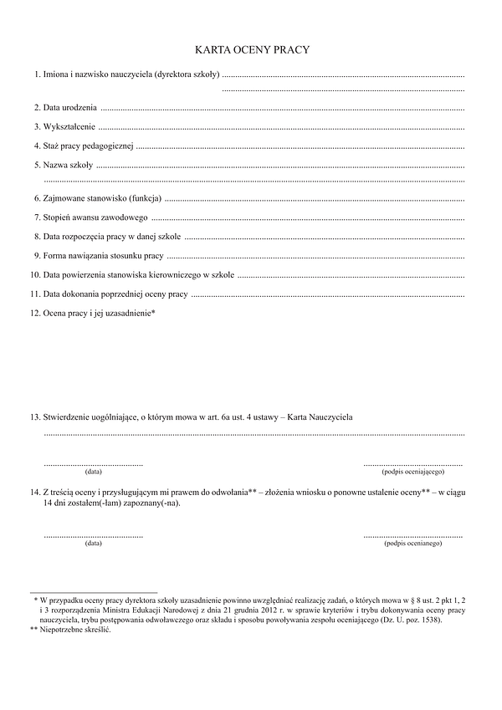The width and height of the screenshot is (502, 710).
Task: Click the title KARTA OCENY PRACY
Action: tap(252, 50)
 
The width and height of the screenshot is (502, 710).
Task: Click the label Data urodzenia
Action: tap(70, 109)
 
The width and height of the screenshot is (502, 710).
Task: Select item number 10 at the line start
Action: tap(35, 274)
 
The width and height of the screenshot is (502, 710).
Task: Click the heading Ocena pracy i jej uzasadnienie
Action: tap(99, 314)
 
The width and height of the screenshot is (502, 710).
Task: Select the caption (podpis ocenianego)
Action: tap(413, 544)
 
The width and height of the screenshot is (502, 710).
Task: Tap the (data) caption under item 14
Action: tap(94, 544)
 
